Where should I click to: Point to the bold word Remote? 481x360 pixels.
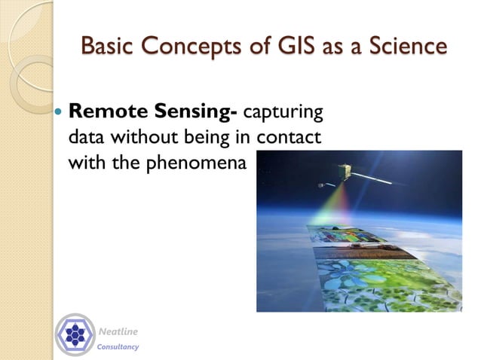coord(104,113)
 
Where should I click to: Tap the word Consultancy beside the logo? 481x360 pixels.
coord(118,346)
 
